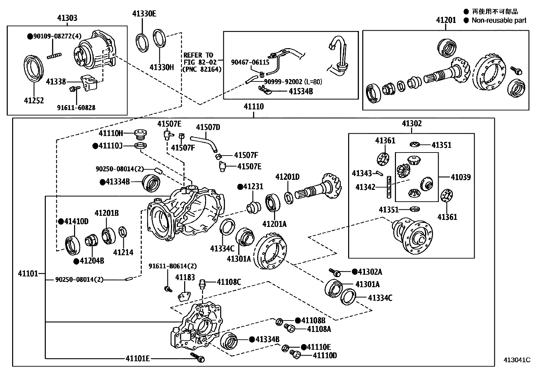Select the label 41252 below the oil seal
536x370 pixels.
pos(34,100)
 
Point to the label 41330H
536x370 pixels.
pos(162,67)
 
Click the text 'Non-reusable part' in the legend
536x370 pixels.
pos(499,21)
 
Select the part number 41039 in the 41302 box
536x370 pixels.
pos(461,177)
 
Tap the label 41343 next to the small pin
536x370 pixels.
pos(362,173)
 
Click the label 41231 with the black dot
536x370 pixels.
pos(253,187)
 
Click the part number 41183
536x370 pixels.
pos(185,277)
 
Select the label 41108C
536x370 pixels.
pos(229,282)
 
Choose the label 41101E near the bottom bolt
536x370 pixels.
pos(137,358)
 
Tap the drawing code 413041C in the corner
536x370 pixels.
pos(517,360)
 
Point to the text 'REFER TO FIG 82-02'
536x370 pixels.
pos(198,59)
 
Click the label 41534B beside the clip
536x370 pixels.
pos(300,91)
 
